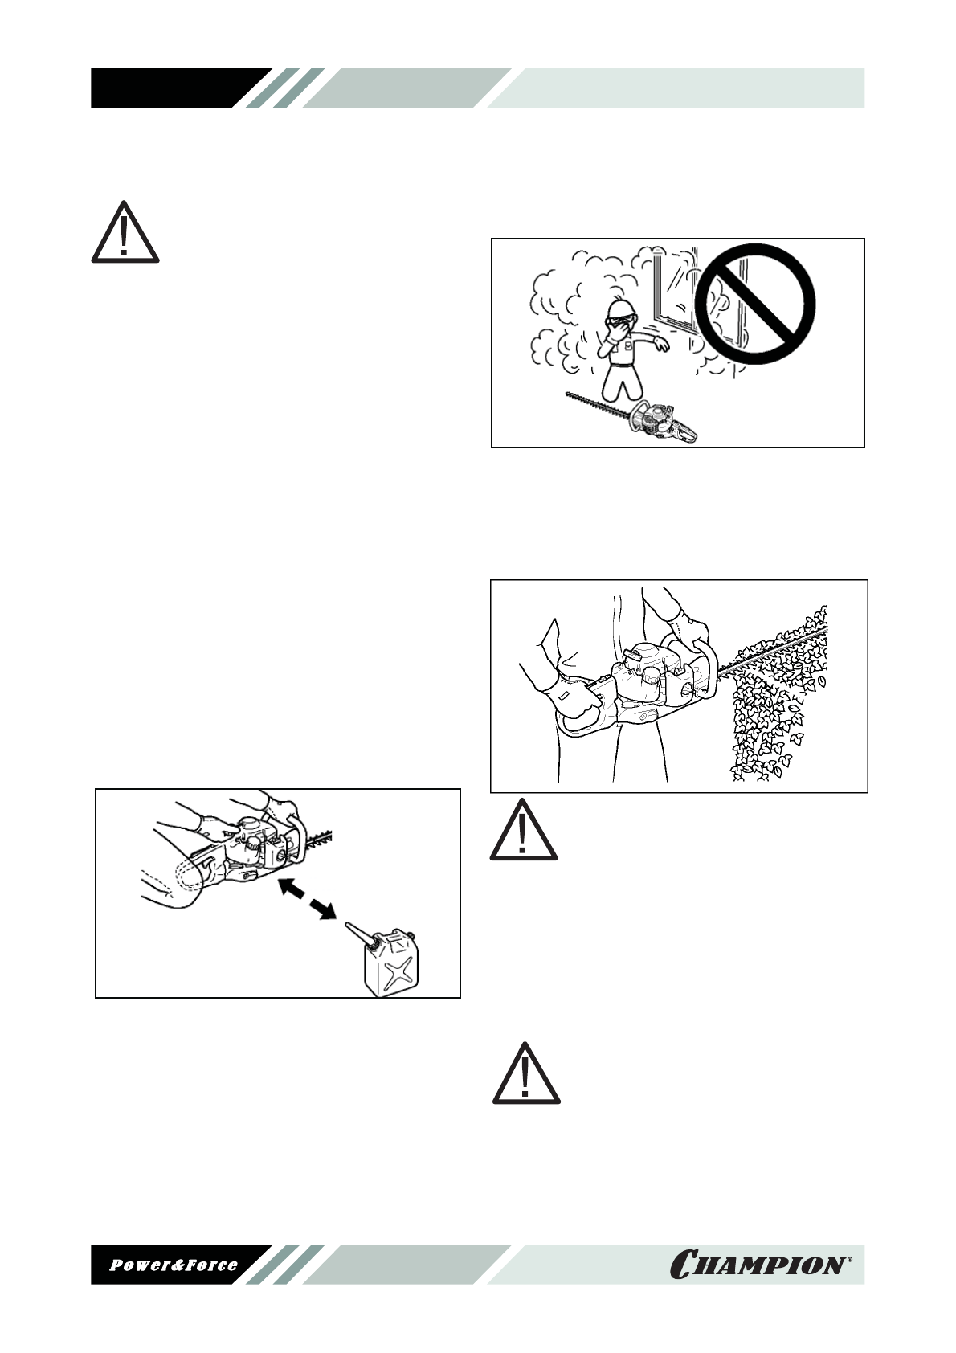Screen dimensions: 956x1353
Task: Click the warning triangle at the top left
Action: point(125,232)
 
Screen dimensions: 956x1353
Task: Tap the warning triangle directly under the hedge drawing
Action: point(524,831)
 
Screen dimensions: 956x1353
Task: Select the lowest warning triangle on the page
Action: point(526,1074)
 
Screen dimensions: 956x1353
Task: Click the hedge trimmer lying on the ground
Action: point(635,419)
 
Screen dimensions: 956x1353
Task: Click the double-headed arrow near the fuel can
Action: point(305,899)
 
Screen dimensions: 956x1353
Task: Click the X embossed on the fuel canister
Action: point(397,972)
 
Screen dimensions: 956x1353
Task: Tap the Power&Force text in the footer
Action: point(174,1265)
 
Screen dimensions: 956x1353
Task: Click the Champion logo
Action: point(755,1265)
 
